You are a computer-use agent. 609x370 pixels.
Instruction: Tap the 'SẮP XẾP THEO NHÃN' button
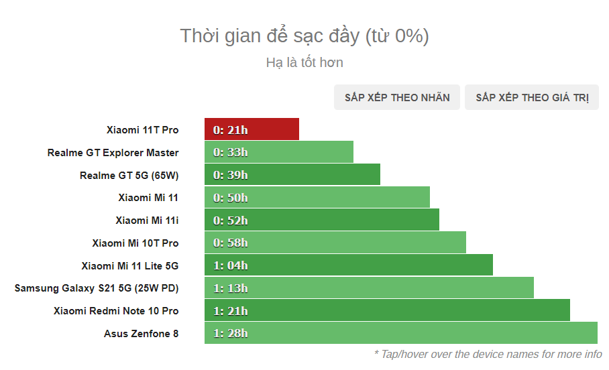coord(397,98)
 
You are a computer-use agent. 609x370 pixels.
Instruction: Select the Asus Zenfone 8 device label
coord(141,333)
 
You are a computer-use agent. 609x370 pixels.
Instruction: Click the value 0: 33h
coord(230,152)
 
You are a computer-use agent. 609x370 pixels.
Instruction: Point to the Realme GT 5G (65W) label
coord(129,176)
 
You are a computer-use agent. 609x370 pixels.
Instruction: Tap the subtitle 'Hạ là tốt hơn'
coord(304,62)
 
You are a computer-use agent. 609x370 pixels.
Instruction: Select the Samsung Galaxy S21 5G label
coord(97,288)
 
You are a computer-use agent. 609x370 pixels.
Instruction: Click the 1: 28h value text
coord(230,333)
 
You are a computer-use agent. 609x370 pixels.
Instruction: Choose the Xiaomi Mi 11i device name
coord(147,220)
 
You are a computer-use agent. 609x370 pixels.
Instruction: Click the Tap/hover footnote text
coord(488,354)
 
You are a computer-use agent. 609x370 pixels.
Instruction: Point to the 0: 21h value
coord(230,129)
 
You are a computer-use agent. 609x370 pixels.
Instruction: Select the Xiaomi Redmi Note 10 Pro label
coord(116,311)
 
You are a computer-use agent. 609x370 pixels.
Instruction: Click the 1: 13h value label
coord(230,288)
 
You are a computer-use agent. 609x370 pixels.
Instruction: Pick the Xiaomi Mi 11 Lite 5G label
coord(129,265)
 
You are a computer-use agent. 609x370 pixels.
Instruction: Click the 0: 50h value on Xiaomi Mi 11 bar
coord(230,198)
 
